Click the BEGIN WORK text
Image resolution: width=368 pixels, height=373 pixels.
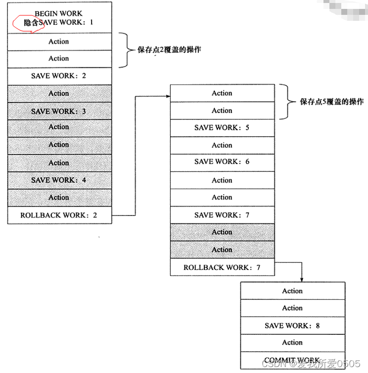tap(58, 13)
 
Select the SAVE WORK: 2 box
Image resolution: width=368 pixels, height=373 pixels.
tap(58, 76)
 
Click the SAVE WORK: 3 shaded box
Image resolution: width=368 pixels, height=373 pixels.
tap(58, 111)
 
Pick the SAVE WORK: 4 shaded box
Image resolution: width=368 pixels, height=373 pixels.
tap(58, 180)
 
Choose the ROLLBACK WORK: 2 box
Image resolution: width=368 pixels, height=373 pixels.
tap(58, 215)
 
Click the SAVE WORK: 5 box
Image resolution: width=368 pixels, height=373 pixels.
tap(222, 128)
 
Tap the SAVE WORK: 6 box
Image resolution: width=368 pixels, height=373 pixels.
tap(222, 162)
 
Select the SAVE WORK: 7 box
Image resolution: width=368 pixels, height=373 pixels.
tap(222, 215)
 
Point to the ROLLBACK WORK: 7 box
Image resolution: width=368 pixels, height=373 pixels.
tap(222, 267)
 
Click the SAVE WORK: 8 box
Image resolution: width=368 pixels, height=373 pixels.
tap(292, 325)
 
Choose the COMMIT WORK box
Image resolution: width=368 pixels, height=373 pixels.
tap(292, 360)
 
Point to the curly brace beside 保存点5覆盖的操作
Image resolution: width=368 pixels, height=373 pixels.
tap(287, 102)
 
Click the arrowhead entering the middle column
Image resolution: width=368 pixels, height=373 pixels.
tap(167, 93)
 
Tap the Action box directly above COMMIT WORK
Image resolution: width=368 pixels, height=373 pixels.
tap(292, 343)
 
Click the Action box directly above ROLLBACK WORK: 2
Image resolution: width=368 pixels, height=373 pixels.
tap(58, 197)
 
